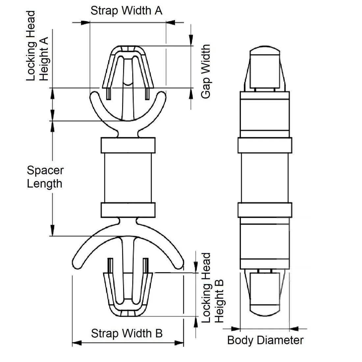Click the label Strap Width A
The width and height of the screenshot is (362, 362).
(x=126, y=11)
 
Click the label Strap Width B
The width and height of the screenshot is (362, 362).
(x=127, y=333)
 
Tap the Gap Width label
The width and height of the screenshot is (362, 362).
(x=206, y=71)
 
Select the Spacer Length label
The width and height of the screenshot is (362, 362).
(x=45, y=177)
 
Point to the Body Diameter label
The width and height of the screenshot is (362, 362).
(x=265, y=340)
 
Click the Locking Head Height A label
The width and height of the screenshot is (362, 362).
(x=37, y=46)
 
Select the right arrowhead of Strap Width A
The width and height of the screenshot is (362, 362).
(x=170, y=22)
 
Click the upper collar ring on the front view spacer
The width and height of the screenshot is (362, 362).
(x=128, y=145)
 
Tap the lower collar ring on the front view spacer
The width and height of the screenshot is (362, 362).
(x=128, y=210)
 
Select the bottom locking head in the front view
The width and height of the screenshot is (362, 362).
(x=128, y=293)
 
